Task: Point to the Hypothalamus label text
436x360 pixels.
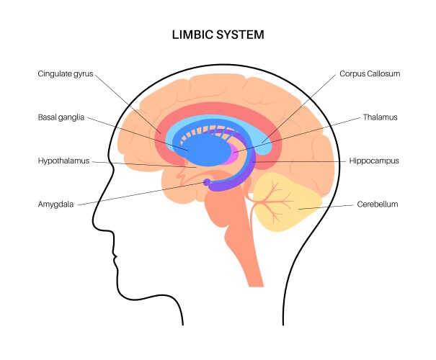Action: tap(63, 161)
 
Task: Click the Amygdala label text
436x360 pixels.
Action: tap(58, 204)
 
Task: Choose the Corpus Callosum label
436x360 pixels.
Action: tap(369, 73)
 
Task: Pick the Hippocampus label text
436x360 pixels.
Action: tap(374, 161)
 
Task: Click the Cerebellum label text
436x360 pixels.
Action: tap(378, 204)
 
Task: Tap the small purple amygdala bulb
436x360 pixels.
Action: tap(207, 182)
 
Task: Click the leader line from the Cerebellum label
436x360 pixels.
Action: tap(328, 207)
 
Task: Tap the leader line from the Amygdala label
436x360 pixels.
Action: tap(144, 194)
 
